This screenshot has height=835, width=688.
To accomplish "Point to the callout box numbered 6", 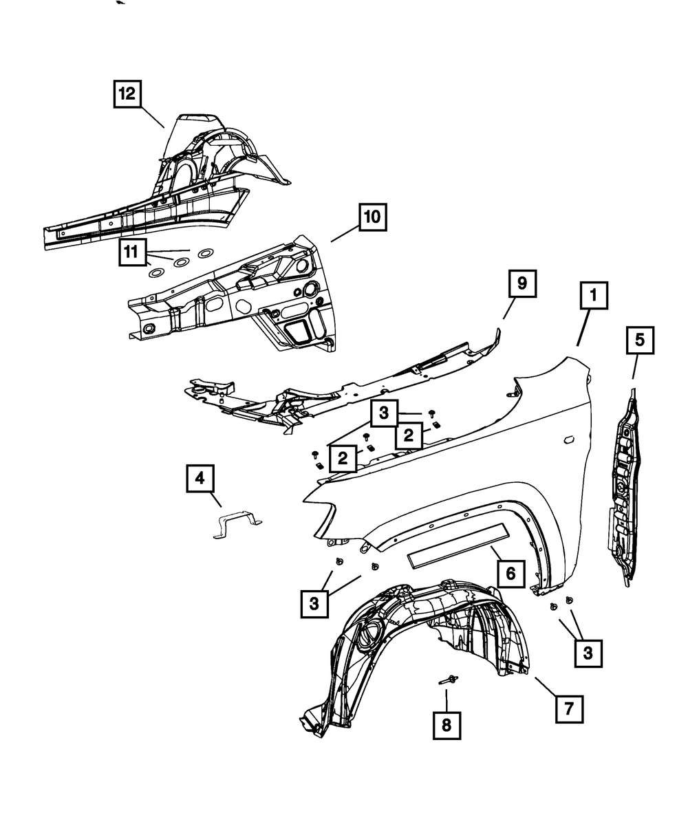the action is coord(510,572).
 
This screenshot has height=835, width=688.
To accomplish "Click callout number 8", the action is coord(447,726).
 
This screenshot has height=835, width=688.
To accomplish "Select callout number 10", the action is coord(372,217).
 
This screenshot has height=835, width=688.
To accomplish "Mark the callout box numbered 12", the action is coord(128,94).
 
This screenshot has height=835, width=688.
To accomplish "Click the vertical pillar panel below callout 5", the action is coord(624,488).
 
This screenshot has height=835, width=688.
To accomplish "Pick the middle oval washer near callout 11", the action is coord(180,262).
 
